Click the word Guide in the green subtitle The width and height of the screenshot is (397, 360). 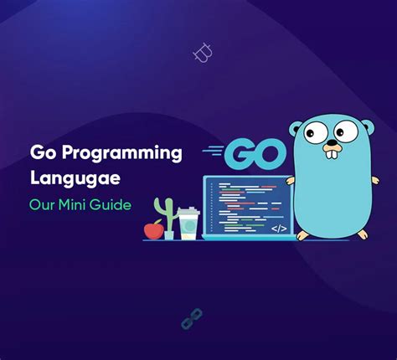pos(113,203)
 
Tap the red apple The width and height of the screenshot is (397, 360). pos(154,228)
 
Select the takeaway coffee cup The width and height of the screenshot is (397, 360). pos(188,223)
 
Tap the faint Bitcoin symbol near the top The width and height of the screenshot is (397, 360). pos(202,54)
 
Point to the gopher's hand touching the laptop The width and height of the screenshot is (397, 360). pos(291,180)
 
